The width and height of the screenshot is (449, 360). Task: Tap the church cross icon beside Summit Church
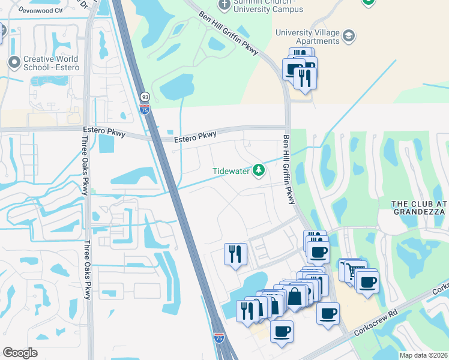224,5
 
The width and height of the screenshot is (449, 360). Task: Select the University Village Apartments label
307,37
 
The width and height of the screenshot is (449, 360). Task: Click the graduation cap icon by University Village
348,37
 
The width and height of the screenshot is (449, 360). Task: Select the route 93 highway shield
145,97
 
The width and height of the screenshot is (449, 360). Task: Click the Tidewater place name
231,171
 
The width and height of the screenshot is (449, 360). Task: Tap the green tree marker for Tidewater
259,170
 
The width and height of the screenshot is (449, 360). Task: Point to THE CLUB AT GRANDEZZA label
420,208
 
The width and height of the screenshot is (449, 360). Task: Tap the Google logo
20,353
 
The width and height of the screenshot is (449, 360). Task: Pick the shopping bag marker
295,296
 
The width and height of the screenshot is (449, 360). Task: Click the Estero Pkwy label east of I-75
195,137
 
